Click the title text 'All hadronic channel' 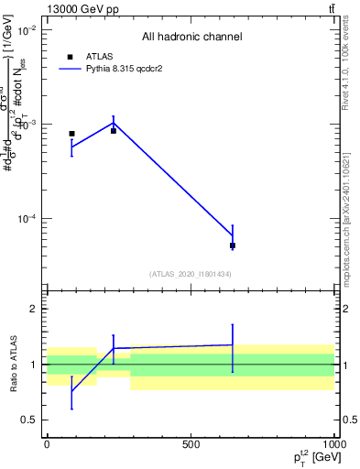[x=191, y=37]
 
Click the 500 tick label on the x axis [x=191, y=443]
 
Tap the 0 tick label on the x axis [x=47, y=443]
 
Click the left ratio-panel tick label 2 [x=32, y=309]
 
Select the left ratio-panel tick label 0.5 [x=27, y=420]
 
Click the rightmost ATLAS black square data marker [x=233, y=245]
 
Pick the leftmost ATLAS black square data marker [x=71, y=134]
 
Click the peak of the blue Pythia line [x=114, y=122]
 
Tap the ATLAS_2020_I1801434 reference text [x=191, y=274]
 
